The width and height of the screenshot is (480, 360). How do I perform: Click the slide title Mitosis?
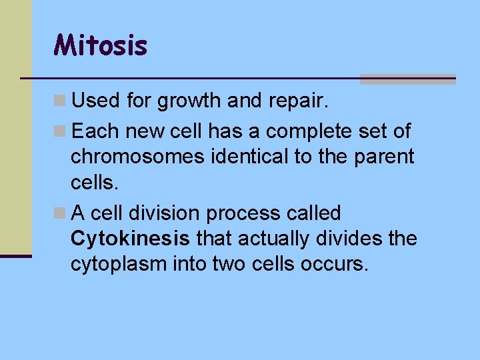coord(101,46)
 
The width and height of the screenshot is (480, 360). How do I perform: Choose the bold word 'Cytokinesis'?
coord(130,239)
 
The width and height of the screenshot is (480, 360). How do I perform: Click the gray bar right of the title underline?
coord(407,79)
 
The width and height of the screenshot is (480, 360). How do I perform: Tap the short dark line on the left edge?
coord(15,255)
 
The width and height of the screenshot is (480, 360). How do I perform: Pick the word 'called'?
coord(315,213)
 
